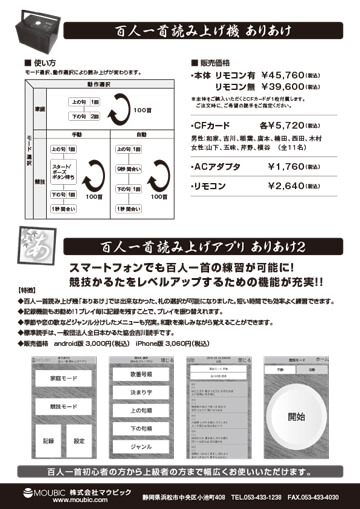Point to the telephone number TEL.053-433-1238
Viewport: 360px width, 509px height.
point(260,494)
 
